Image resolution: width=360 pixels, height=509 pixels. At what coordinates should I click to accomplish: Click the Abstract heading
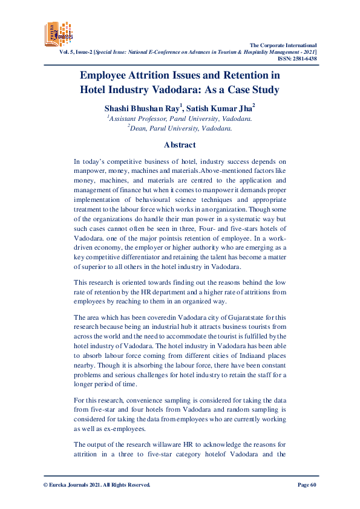pos(180,144)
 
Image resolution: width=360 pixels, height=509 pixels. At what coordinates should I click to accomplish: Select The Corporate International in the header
pos(283,45)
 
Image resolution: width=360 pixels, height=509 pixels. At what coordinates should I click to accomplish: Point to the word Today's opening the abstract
pos(92,161)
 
